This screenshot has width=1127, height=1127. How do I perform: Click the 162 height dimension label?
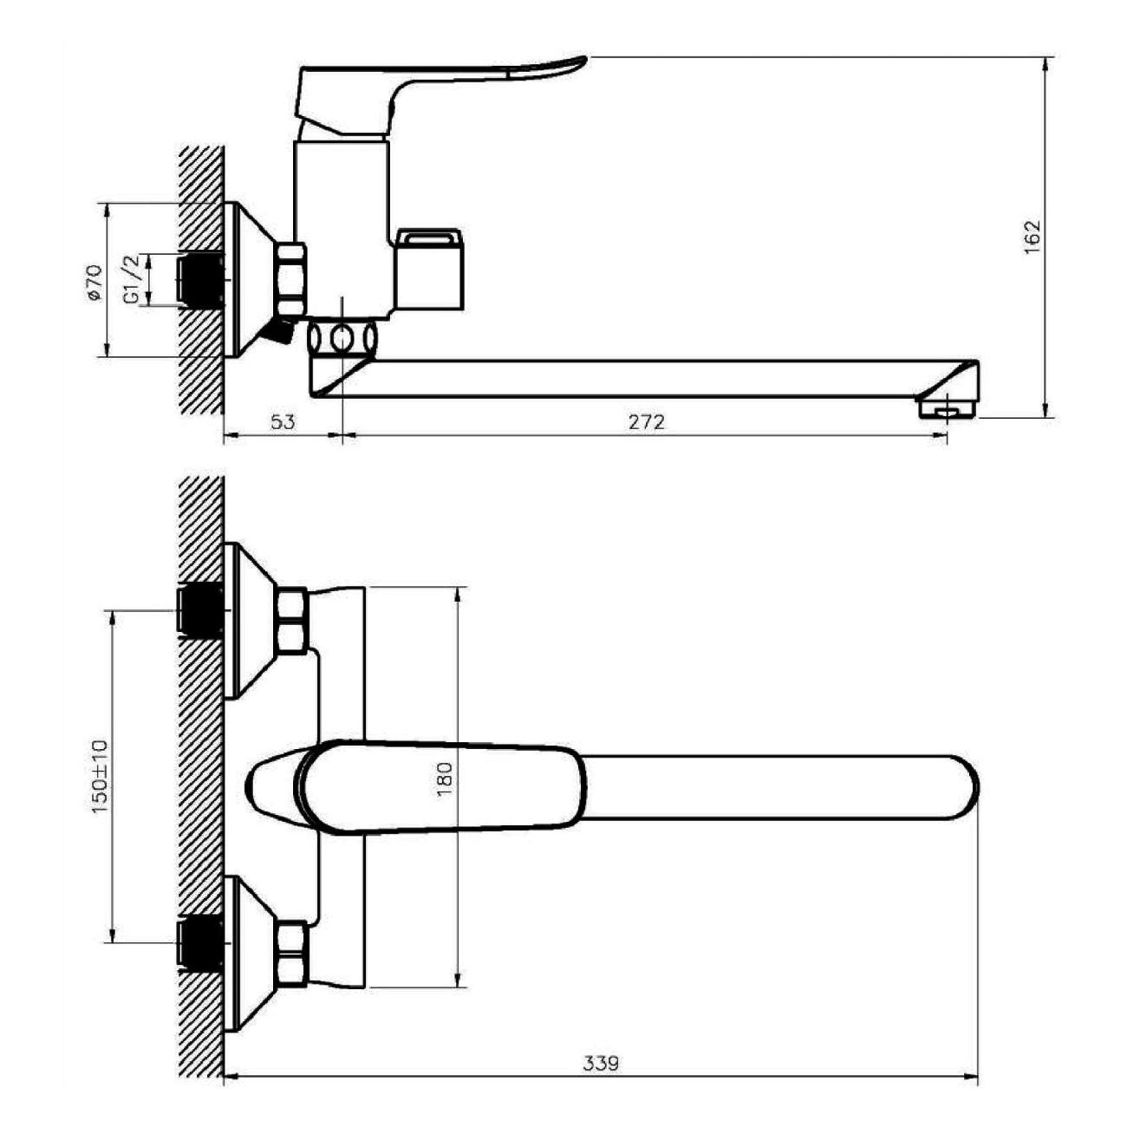(x=1033, y=237)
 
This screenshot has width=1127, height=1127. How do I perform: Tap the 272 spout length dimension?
(x=647, y=421)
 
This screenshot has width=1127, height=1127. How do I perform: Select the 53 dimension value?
(x=283, y=421)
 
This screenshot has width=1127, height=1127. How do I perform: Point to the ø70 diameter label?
(x=94, y=283)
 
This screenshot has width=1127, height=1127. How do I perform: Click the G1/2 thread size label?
(x=132, y=279)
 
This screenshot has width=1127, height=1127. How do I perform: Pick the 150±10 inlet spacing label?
(x=100, y=776)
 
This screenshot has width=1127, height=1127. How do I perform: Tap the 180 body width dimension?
(x=444, y=778)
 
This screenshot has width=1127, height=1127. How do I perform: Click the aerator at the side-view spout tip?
(x=948, y=408)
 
